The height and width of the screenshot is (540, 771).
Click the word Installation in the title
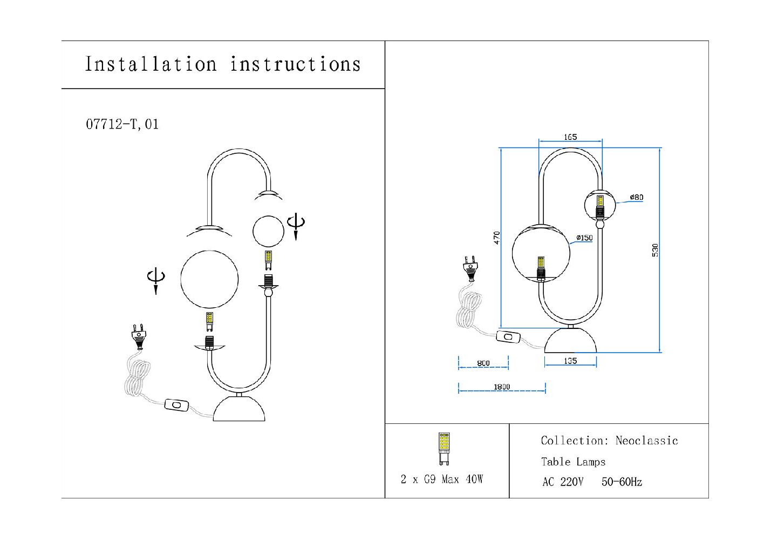tap(151, 64)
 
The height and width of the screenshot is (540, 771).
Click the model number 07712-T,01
tap(122, 124)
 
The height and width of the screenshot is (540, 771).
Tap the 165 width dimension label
tap(570, 137)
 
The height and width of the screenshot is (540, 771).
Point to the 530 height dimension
tap(655, 250)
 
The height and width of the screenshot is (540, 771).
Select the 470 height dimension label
tap(497, 238)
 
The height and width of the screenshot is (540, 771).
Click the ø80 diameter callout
tap(637, 197)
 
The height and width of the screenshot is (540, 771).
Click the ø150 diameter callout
tap(584, 238)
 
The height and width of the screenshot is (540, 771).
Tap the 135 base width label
tap(570, 361)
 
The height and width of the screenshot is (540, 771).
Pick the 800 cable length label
tap(483, 363)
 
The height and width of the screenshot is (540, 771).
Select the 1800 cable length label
tap(502, 387)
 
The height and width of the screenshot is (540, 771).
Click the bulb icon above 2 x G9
tap(444, 448)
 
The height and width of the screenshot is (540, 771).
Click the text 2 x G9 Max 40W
tap(442, 479)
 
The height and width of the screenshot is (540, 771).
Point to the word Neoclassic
tap(646, 441)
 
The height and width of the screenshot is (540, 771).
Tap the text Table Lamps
tap(573, 462)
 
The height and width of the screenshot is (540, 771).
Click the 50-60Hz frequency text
tap(622, 482)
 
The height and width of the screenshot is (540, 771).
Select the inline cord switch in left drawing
tap(176, 404)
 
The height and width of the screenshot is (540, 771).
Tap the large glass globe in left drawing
tap(209, 279)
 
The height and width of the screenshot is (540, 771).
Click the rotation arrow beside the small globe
tap(296, 225)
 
